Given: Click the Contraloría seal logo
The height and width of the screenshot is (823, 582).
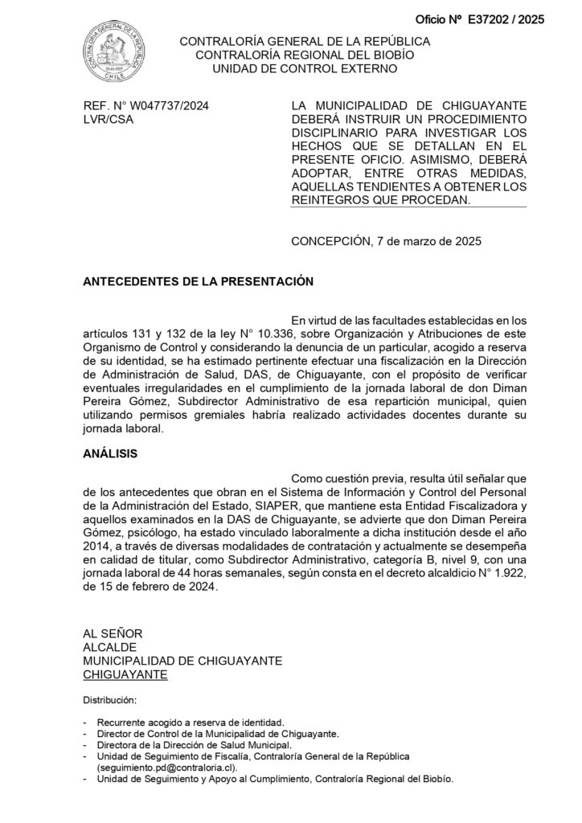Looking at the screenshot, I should coord(117,52).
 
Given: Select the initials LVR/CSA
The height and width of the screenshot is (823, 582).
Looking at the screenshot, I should coord(109,120).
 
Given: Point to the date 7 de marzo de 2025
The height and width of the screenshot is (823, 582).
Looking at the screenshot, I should coord(429,240).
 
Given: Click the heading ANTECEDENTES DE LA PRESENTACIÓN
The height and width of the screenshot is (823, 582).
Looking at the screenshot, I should coord(197,282).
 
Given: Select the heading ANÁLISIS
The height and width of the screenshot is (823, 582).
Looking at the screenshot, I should coord(110,453).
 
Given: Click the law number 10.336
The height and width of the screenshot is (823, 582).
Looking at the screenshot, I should coord(274,333).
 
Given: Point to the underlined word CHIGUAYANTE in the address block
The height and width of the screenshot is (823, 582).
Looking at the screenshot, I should coord(125,674).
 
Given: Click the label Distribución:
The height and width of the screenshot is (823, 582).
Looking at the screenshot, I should coord(110,699).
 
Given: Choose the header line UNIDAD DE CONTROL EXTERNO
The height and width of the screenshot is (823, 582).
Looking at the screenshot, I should coord(305,69).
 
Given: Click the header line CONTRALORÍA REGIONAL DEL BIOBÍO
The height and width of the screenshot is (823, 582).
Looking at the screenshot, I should coord(305,55).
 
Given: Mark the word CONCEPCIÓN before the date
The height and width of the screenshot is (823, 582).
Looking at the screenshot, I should coord(331,240).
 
